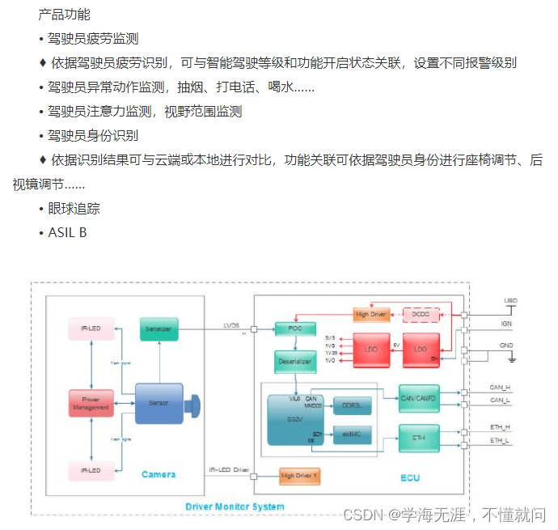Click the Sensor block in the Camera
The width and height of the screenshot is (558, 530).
pyautogui.click(x=159, y=403)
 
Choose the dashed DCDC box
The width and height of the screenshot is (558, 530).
pyautogui.click(x=420, y=313)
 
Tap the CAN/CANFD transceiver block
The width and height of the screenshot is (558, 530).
pyautogui.click(x=419, y=397)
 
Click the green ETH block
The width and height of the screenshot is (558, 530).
pyautogui.click(x=419, y=437)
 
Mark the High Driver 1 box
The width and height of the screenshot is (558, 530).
pyautogui.click(x=299, y=475)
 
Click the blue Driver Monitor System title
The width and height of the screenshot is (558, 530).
pyautogui.click(x=235, y=507)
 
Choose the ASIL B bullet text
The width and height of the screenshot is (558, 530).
pyautogui.click(x=66, y=233)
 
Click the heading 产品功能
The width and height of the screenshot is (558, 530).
pyautogui.click(x=64, y=15)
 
